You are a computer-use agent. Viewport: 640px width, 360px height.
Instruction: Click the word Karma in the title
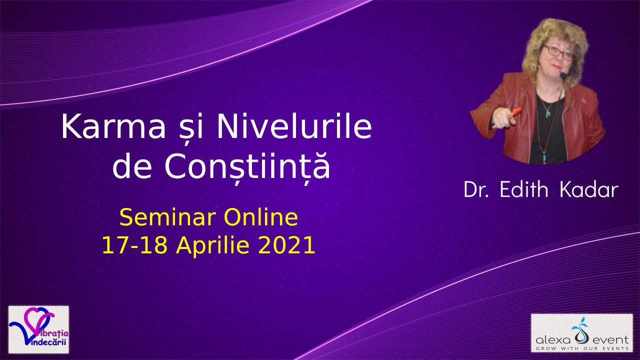(x=113, y=126)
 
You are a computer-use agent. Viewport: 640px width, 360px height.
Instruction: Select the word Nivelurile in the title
(x=294, y=126)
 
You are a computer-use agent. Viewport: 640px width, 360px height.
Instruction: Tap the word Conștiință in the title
(x=247, y=166)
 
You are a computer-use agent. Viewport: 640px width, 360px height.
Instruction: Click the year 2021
(x=286, y=245)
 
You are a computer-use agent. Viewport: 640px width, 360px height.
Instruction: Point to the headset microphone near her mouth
(x=563, y=75)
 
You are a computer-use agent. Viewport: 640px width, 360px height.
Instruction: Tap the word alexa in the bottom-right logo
(x=553, y=340)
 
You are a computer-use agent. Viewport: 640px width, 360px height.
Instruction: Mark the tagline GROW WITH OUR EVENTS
(x=582, y=348)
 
